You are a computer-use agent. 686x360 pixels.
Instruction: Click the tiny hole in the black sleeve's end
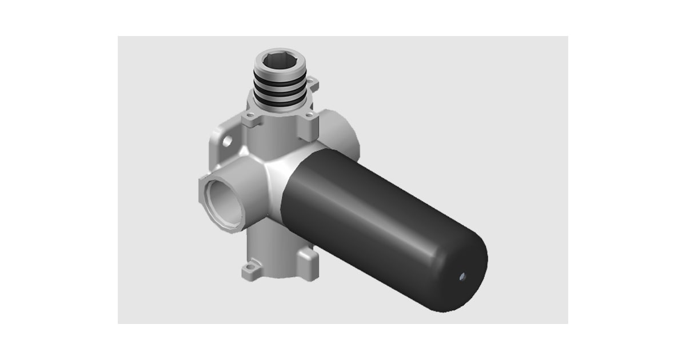coord(462,277)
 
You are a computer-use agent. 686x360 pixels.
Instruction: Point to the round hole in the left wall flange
coord(228,140)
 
